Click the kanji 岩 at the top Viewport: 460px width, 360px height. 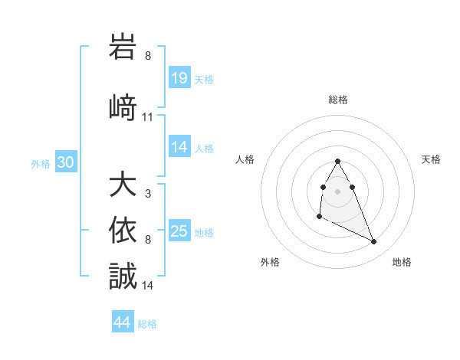pyautogui.click(x=123, y=47)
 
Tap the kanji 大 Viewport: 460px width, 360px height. pyautogui.click(x=123, y=186)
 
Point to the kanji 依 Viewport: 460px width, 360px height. pyautogui.click(x=123, y=231)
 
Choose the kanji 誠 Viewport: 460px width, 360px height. pyautogui.click(x=123, y=276)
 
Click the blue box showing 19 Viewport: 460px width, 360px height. pyautogui.click(x=179, y=79)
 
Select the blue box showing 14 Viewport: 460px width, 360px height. pyautogui.click(x=179, y=148)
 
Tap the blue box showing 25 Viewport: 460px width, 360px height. pyautogui.click(x=179, y=231)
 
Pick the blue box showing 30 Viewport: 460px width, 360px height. pyautogui.click(x=65, y=163)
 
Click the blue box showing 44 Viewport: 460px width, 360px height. pyautogui.click(x=123, y=322)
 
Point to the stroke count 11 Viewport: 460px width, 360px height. pyautogui.click(x=148, y=117)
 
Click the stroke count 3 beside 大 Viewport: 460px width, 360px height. pyautogui.click(x=148, y=195)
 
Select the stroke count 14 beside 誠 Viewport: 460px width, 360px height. pyautogui.click(x=148, y=286)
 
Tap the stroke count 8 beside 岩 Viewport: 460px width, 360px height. pyautogui.click(x=148, y=56)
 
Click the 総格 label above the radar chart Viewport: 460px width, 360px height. pyautogui.click(x=338, y=100)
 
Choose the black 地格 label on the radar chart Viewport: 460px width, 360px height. pyautogui.click(x=402, y=262)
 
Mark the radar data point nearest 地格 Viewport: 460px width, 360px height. pyautogui.click(x=374, y=242)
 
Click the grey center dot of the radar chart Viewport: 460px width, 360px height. pyautogui.click(x=338, y=190)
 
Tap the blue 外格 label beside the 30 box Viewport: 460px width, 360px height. pyautogui.click(x=40, y=164)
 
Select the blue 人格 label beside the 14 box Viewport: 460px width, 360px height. pyautogui.click(x=204, y=149)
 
